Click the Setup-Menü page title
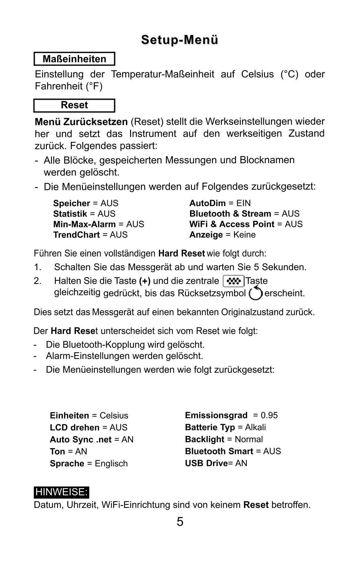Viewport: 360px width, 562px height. coord(180,40)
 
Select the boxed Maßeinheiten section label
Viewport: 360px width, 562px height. coord(74,59)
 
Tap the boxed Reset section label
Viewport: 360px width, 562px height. coord(74,105)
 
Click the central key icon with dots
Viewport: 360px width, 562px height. coord(233,281)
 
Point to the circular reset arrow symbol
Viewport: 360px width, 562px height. coord(255,293)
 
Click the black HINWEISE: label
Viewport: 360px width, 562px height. coord(61,492)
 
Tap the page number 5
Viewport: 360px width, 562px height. coord(180,522)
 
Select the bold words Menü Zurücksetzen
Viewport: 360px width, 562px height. coord(81,122)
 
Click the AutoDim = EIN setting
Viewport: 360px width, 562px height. coord(220,203)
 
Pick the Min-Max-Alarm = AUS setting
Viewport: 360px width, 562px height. coord(99,224)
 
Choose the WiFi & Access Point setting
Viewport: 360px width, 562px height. coord(246,224)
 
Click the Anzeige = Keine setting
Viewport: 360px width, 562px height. coord(222,235)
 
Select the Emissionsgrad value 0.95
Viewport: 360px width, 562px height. coord(269,415)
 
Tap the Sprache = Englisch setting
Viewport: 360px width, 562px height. coord(89,464)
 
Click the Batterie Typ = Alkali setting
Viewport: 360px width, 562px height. coord(225,428)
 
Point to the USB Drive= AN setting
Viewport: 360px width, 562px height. coord(216,463)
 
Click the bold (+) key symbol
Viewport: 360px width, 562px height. coord(145,281)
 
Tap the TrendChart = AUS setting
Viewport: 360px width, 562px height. coord(90,235)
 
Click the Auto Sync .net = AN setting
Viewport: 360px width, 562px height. coord(92,440)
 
